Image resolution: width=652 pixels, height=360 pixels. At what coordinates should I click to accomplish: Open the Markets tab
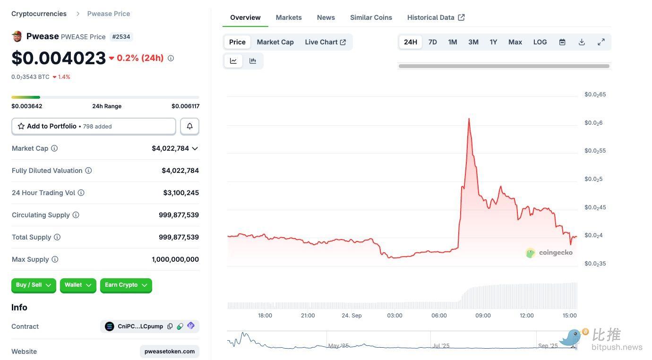click(288, 17)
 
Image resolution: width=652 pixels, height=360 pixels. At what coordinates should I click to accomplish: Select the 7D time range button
click(432, 42)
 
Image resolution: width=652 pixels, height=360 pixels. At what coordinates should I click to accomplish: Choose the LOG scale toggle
click(540, 42)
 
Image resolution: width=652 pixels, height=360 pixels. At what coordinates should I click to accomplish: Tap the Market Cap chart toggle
click(275, 42)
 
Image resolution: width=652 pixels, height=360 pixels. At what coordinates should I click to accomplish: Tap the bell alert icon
click(189, 126)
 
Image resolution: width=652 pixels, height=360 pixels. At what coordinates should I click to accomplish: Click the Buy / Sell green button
click(34, 285)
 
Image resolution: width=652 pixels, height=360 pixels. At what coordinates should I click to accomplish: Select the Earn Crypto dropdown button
click(126, 285)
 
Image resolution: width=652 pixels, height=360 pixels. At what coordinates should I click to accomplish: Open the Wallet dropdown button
click(78, 285)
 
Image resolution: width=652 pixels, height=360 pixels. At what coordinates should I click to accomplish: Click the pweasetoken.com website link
click(169, 351)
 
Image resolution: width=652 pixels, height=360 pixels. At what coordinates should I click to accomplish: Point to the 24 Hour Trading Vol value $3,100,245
click(181, 193)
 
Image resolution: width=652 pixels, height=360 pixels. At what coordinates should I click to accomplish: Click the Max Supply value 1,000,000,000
click(175, 259)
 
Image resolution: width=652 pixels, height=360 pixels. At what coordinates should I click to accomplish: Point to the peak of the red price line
click(469, 119)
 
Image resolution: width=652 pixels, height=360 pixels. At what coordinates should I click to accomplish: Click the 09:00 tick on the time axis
click(483, 316)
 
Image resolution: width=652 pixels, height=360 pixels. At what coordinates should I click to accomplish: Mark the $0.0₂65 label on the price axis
click(595, 94)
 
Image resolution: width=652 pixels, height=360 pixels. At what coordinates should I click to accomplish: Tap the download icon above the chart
click(582, 42)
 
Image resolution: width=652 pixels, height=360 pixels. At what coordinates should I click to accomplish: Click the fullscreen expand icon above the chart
click(601, 42)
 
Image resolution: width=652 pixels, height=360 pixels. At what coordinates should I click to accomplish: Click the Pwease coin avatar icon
click(17, 36)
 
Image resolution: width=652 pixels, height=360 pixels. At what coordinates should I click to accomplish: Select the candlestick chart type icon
click(253, 60)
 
